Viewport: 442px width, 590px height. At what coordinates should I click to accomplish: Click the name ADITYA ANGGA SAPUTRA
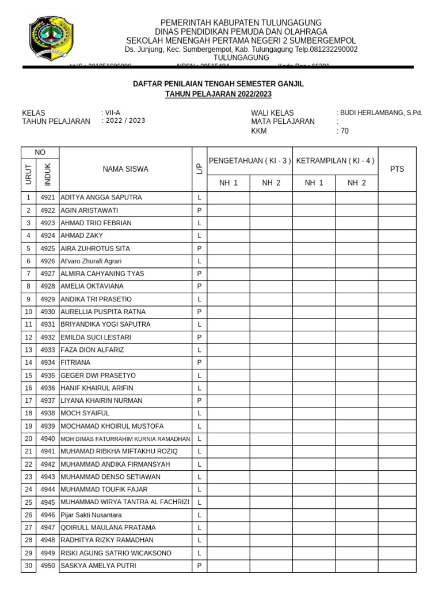tap(101, 198)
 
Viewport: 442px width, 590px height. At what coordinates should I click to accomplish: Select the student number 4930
tap(48, 312)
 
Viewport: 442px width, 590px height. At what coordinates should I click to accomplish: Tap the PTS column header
tap(397, 169)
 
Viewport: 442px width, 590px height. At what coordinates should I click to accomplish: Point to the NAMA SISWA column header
tap(125, 169)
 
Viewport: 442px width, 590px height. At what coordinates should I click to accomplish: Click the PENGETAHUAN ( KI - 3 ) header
tap(250, 161)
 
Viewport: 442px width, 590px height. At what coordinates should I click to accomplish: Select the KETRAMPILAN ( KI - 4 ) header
tap(335, 161)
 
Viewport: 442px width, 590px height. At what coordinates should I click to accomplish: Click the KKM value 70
tap(344, 131)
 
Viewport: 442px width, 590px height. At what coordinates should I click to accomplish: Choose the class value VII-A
tap(112, 113)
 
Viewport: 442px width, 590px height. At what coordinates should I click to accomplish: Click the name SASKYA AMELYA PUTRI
tap(98, 566)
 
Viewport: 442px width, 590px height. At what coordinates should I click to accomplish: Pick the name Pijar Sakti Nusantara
tap(91, 515)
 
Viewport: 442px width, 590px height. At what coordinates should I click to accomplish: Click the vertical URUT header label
tap(28, 175)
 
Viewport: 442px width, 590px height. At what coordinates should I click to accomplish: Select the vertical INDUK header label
tap(48, 175)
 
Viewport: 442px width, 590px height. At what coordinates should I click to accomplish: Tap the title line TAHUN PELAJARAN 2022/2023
tap(218, 94)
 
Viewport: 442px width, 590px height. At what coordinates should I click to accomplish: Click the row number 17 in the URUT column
tap(28, 400)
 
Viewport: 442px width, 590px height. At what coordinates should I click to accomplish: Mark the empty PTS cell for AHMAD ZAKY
tap(397, 236)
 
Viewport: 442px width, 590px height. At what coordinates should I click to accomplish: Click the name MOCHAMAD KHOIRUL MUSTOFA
tap(112, 426)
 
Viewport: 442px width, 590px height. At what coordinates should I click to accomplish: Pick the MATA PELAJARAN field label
tap(283, 122)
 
